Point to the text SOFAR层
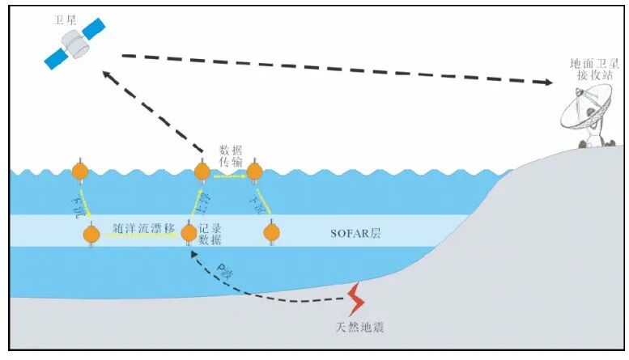point(356,234)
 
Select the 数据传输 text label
point(230,157)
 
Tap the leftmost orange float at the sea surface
point(80,172)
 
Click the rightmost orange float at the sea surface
point(255,172)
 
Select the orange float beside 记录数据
point(189,234)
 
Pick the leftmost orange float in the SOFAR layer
point(91,235)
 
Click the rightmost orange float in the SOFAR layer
point(272,234)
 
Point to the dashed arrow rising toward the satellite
point(154,111)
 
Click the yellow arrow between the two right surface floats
point(229,175)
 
